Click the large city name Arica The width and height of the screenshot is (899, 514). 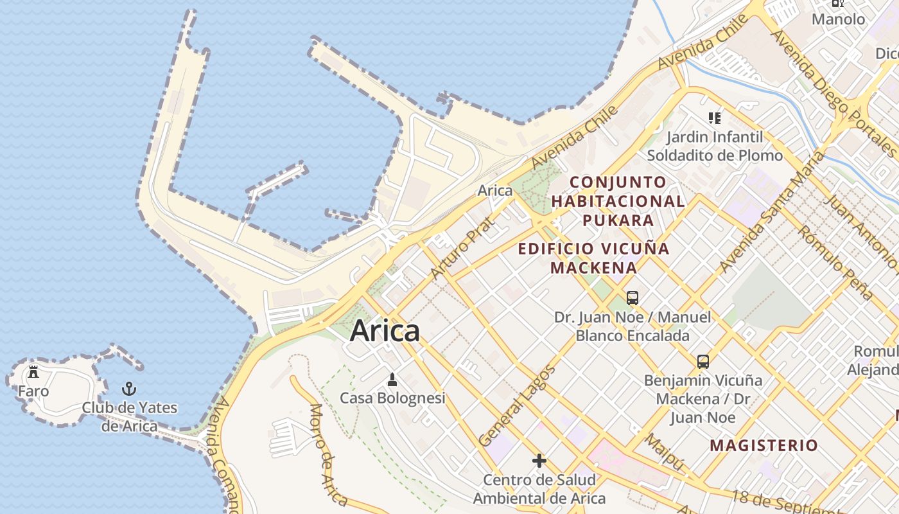pos(385,331)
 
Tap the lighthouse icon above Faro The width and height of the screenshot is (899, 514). pos(33,372)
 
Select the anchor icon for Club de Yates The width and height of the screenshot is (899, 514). pos(129,389)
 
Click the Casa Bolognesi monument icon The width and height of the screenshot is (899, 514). pos(392,380)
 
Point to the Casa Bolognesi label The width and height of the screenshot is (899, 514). pos(392,398)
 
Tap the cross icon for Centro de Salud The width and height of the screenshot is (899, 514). pos(539,461)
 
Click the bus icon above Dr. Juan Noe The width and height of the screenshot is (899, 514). pos(633,297)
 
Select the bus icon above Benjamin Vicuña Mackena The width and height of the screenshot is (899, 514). pos(703,361)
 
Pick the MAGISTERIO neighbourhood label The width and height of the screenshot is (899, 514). pos(764,445)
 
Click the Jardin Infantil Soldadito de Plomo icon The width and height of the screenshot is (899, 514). pos(715,118)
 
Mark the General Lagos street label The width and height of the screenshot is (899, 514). pos(517,407)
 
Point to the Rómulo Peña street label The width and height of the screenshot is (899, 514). pos(835,263)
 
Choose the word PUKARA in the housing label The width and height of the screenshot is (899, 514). pos(618,220)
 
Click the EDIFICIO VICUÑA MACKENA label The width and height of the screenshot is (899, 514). pos(593,258)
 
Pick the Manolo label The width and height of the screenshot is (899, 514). pos(838,19)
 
